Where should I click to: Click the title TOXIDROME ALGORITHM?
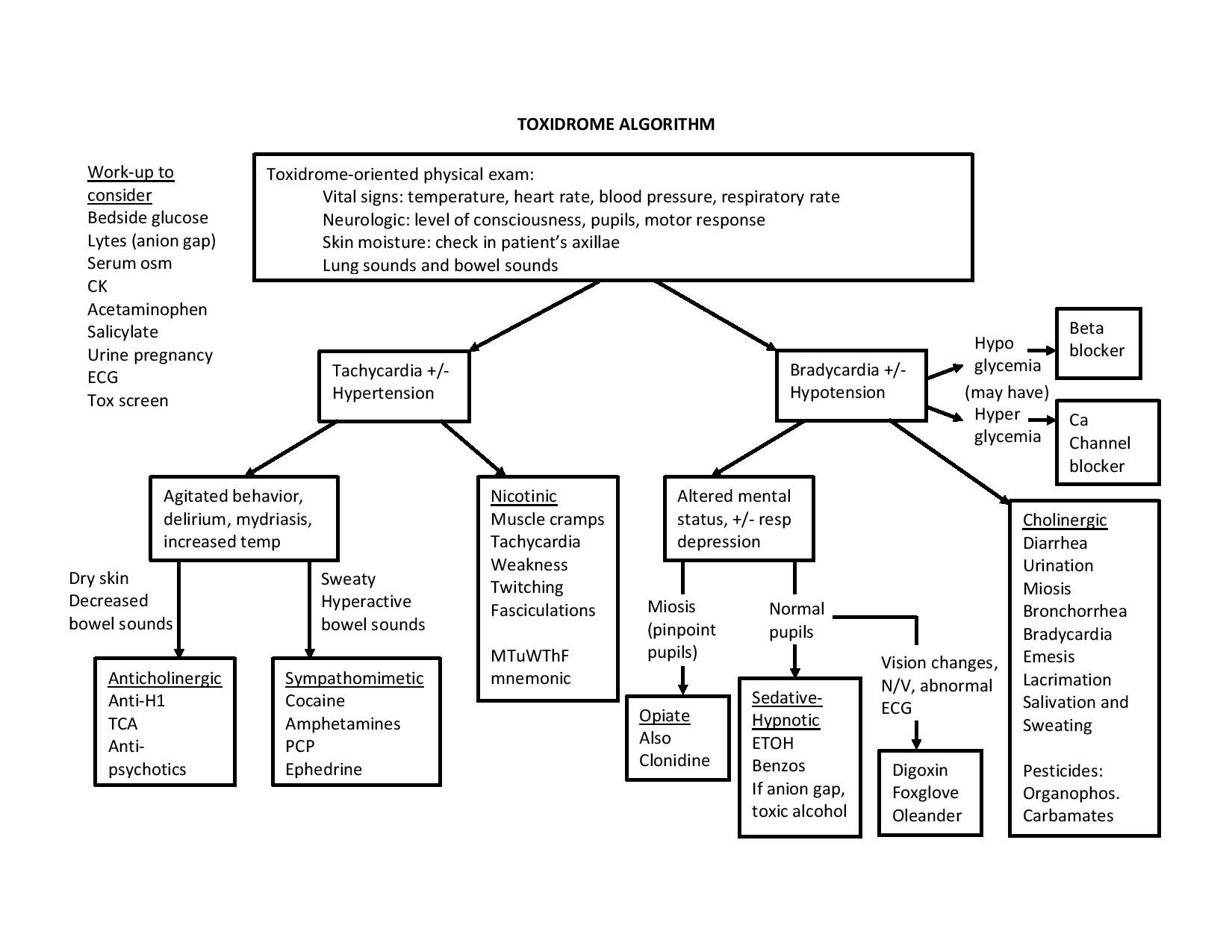615,124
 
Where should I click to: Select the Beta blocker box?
1098,343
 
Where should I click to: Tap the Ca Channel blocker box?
1107,443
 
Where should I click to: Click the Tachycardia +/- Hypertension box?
393,385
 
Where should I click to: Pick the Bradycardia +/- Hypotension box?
851,385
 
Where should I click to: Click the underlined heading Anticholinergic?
164,678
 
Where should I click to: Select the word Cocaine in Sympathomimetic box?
315,700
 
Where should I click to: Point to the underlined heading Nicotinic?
523,496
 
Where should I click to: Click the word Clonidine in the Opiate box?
674,760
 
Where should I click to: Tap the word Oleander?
927,815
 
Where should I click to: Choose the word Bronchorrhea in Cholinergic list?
1074,611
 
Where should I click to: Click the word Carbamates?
1068,815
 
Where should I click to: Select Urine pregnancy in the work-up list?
150,355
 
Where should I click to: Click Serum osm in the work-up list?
129,263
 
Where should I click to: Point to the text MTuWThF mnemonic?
530,667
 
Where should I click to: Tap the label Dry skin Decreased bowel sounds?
119,601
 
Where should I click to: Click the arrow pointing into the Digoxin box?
916,735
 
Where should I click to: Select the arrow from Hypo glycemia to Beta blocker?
1041,349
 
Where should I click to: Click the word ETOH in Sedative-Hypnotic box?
772,743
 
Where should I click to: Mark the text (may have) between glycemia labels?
1007,392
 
